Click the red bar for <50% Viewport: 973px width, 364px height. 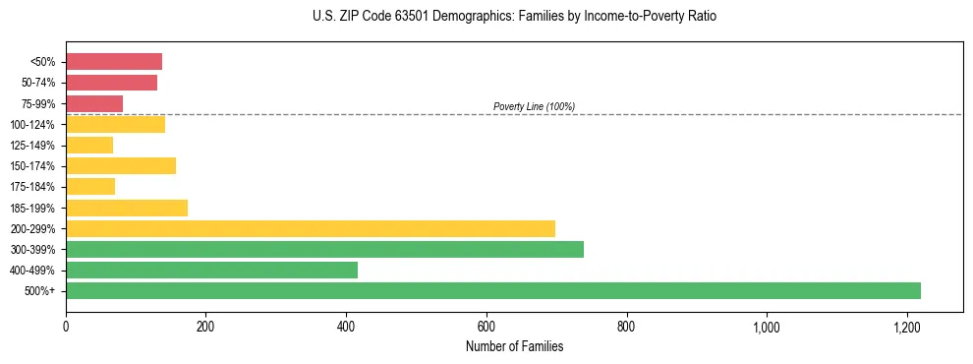tap(114, 62)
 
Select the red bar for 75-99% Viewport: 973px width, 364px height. tap(94, 103)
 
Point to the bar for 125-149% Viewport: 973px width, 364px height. tap(89, 146)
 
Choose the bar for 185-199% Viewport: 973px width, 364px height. tap(127, 208)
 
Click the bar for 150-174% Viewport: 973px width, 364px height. tap(121, 166)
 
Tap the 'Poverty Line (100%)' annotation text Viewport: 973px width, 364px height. tap(534, 106)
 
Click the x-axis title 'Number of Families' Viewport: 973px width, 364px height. tap(514, 346)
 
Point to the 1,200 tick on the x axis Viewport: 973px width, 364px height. tap(906, 327)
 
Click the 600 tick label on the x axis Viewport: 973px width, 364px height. tap(486, 327)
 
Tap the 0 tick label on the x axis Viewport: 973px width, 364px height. tap(66, 327)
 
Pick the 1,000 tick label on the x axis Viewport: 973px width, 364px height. tap(766, 327)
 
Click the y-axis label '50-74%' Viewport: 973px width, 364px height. tap(38, 83)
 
